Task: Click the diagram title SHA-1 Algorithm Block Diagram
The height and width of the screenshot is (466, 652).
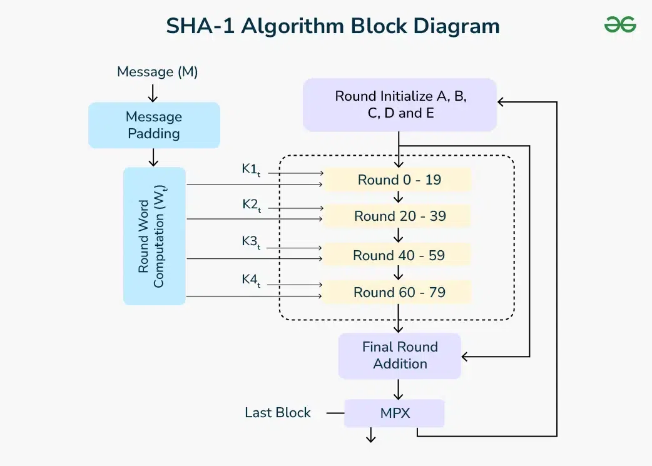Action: click(332, 26)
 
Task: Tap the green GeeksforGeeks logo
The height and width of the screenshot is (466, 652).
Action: click(619, 25)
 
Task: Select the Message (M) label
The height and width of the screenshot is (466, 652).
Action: click(157, 72)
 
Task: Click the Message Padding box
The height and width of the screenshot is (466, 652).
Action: click(154, 125)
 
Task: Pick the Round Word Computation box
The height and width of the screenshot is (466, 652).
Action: click(154, 236)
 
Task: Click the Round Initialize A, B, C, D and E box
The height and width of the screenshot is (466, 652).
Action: click(400, 104)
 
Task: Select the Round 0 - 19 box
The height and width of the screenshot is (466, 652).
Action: click(399, 180)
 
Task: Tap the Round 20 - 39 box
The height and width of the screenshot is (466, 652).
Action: click(399, 216)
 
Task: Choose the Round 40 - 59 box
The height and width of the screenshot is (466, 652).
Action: click(399, 255)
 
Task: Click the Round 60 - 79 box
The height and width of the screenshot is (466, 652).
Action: click(399, 292)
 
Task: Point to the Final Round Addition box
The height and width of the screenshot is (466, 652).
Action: click(399, 355)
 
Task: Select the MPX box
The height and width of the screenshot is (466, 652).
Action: click(394, 413)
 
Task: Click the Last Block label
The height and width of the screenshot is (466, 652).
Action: click(277, 413)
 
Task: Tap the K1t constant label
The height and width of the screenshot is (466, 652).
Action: click(251, 170)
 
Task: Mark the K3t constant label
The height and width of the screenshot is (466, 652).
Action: click(251, 243)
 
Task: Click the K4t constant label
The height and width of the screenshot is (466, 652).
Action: click(251, 280)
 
